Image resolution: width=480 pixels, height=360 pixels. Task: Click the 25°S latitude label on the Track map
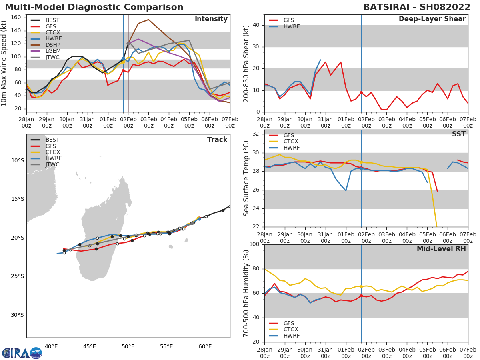tap(17, 276)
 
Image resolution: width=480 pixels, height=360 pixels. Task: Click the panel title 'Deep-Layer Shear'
tap(432, 19)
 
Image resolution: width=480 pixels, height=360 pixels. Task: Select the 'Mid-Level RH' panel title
tap(441, 249)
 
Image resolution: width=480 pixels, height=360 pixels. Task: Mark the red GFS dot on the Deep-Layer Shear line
tap(361, 92)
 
